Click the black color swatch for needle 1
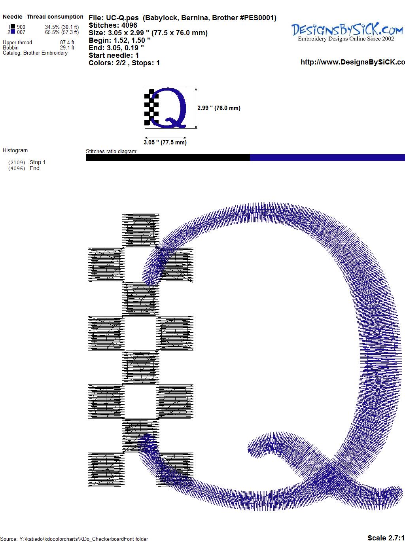[x=13, y=27]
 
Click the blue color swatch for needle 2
[x=13, y=32]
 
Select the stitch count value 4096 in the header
[x=129, y=25]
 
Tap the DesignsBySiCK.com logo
[x=347, y=32]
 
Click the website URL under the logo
[x=353, y=62]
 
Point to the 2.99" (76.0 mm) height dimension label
[x=219, y=108]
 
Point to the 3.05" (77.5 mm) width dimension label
[x=165, y=142]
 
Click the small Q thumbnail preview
[x=165, y=108]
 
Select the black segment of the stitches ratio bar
[x=168, y=157]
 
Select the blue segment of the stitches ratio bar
[x=327, y=157]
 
